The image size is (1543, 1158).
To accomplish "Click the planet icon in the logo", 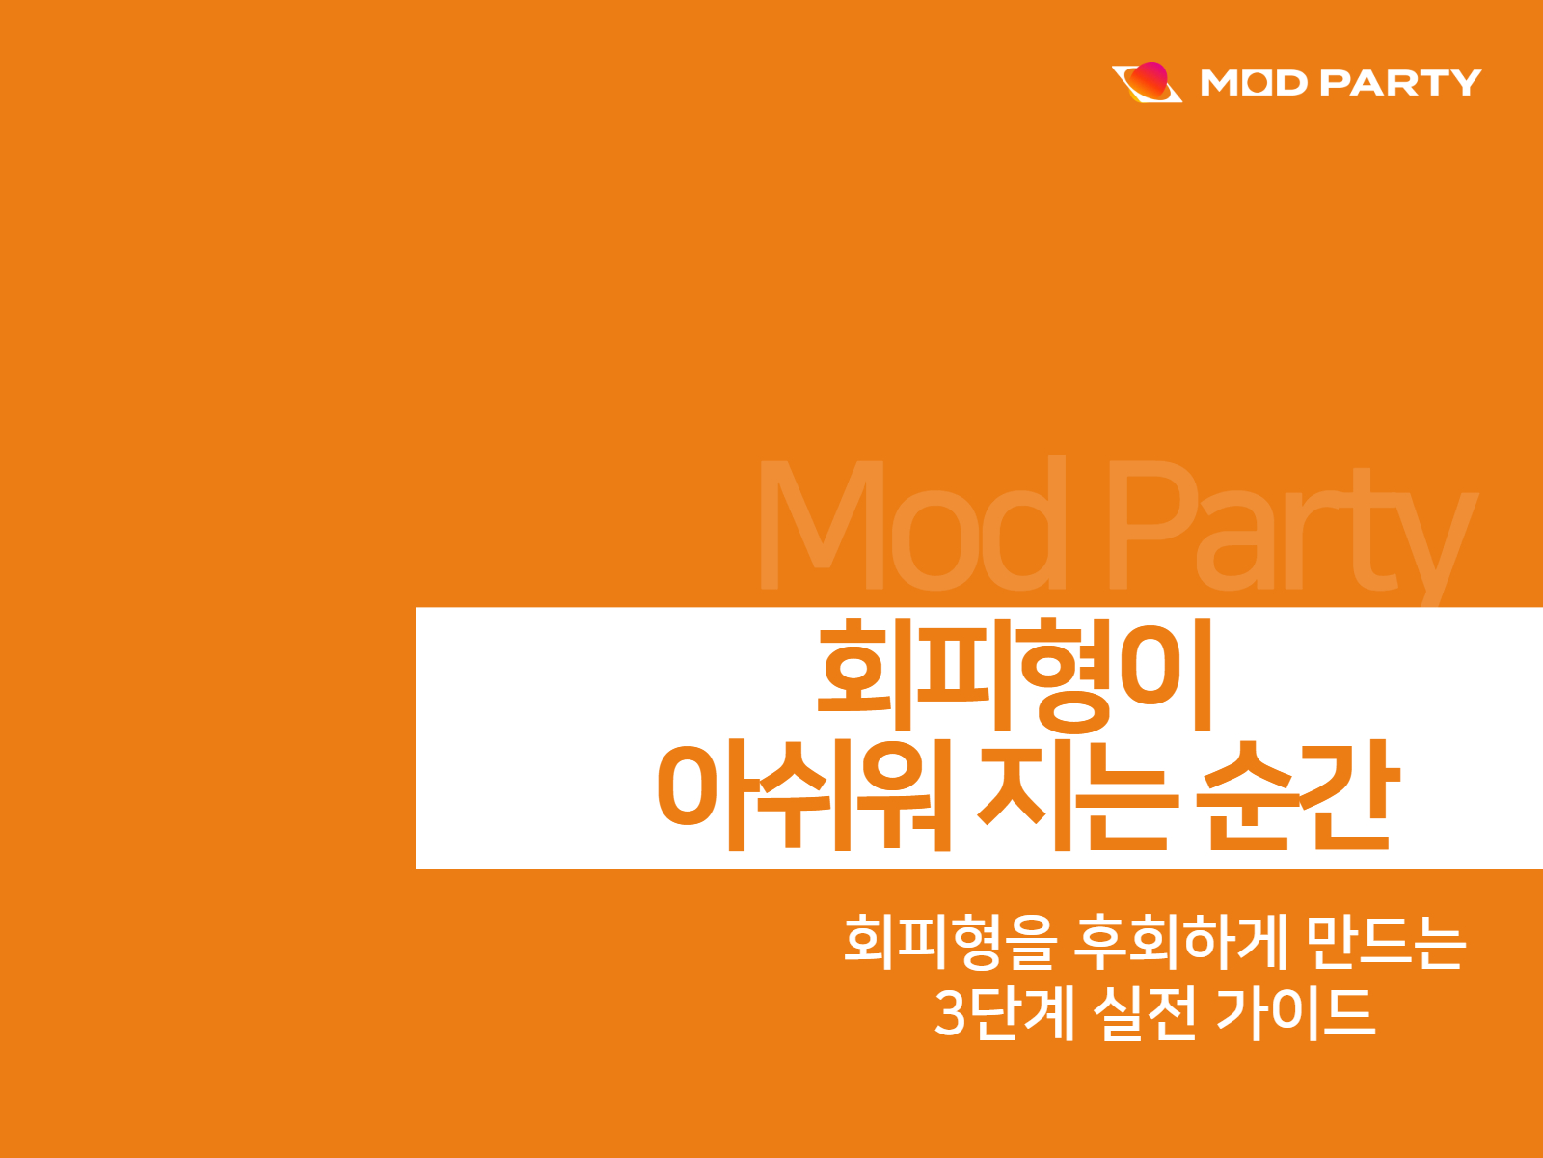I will (x=1147, y=82).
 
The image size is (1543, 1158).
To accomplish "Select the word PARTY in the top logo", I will (x=1399, y=83).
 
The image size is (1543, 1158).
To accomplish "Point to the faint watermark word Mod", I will (x=911, y=526).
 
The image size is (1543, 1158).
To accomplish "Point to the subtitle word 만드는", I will (x=1387, y=941).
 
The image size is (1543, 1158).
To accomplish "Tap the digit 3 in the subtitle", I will (x=950, y=1013).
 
